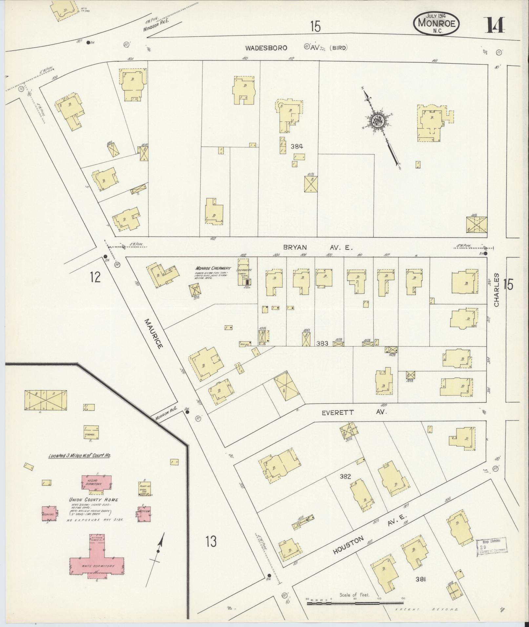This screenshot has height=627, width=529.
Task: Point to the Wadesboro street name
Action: [266, 48]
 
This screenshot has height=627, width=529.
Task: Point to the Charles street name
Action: [496, 290]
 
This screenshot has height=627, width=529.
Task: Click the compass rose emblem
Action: [377, 121]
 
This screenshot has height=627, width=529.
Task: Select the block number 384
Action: [296, 147]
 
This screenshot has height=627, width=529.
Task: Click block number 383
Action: [322, 343]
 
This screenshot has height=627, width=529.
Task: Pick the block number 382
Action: [345, 477]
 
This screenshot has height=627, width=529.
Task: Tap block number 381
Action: [420, 579]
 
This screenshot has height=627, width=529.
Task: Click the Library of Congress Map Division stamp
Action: [491, 547]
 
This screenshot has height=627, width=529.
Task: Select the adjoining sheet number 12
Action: [95, 277]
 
